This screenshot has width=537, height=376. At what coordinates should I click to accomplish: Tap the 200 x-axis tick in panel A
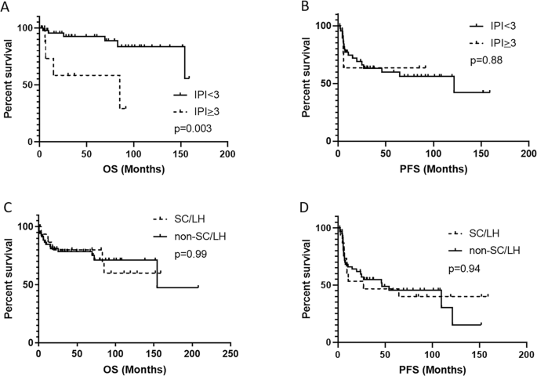click(227, 152)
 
